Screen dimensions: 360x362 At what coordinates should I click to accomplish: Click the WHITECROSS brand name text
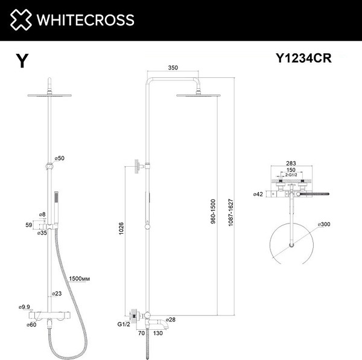[x=84, y=20]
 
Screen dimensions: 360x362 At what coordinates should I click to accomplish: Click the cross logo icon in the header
[x=21, y=20]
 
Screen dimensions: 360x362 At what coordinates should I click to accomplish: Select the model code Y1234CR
[x=303, y=59]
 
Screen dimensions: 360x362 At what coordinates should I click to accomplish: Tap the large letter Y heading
[x=22, y=62]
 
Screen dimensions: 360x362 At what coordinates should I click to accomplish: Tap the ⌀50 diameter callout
[x=59, y=158]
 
